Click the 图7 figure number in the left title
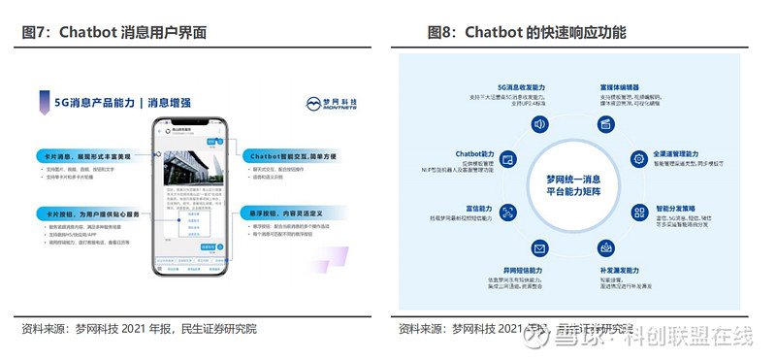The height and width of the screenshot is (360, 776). pos(36,32)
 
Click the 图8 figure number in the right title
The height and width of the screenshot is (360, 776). pos(441,32)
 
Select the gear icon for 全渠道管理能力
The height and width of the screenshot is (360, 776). pos(638,158)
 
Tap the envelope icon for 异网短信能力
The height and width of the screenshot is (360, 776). pos(539,247)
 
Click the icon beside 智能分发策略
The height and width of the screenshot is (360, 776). pos(638,213)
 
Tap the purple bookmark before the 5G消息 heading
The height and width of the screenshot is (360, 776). pos(46,101)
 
